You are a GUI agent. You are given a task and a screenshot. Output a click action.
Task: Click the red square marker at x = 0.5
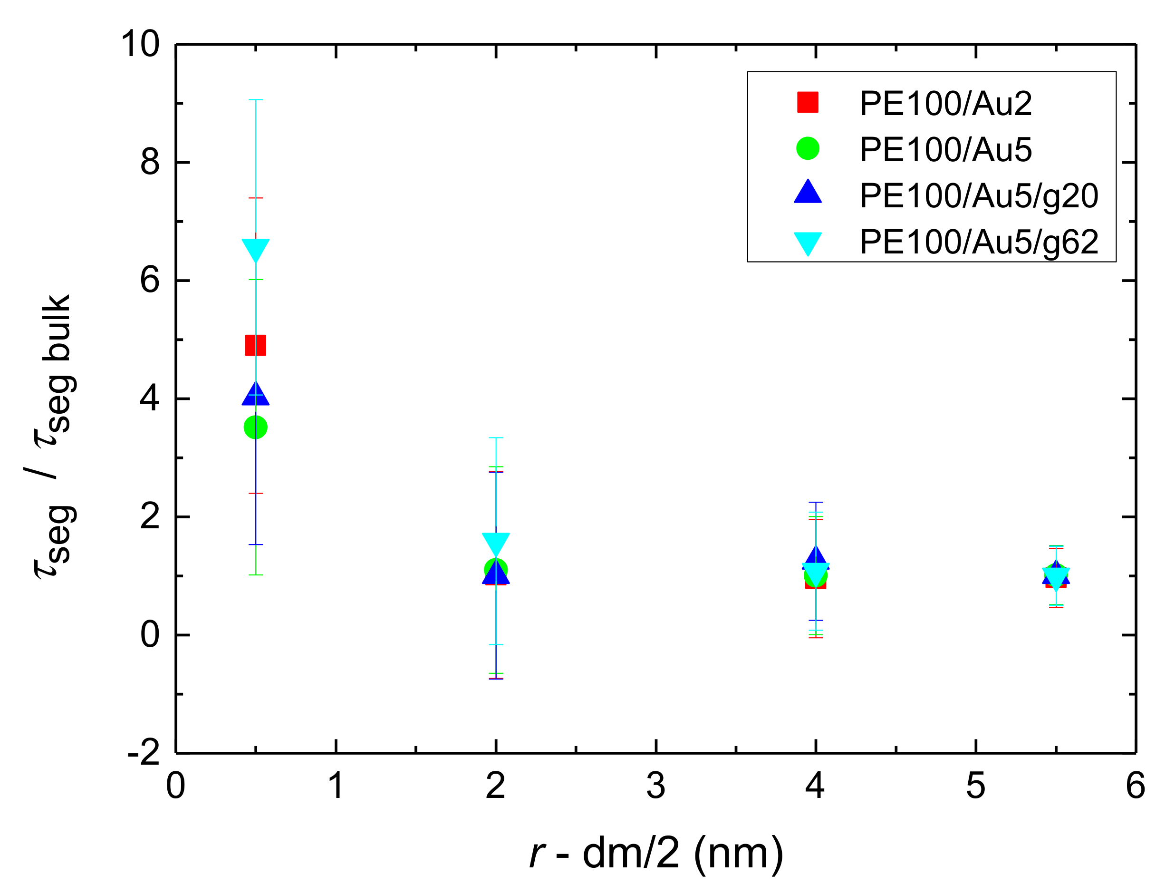[255, 345]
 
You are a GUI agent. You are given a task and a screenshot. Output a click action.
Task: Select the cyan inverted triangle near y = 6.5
[255, 249]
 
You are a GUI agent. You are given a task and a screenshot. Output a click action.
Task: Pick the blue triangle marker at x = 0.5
[255, 394]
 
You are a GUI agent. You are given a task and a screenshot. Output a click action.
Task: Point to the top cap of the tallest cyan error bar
[255, 99]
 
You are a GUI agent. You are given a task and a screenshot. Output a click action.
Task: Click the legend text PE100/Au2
[945, 103]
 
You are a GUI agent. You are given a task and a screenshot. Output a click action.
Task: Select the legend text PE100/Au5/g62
[979, 242]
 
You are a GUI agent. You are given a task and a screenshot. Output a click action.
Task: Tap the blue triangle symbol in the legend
[808, 193]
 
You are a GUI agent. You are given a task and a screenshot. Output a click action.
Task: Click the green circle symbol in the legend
[808, 148]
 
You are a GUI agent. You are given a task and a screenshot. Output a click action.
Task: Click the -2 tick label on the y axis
[144, 752]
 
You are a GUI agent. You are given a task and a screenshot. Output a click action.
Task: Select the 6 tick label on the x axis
[1135, 786]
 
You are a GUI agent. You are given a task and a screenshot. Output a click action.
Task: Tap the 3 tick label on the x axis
[655, 786]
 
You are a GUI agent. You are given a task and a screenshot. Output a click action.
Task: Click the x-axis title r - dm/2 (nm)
[656, 853]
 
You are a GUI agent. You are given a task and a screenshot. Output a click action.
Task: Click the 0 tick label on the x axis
[175, 786]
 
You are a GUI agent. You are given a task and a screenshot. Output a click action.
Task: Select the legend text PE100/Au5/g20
[979, 196]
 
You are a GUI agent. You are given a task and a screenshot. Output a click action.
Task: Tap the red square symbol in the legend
[808, 102]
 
